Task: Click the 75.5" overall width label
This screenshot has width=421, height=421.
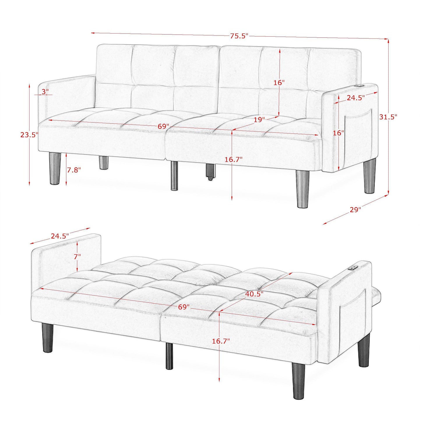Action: tap(239, 36)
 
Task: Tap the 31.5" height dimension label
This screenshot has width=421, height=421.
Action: tap(388, 117)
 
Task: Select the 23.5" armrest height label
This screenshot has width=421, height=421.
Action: tap(29, 135)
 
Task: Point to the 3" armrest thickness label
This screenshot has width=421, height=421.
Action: tap(45, 91)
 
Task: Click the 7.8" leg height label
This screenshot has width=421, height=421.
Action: tap(74, 170)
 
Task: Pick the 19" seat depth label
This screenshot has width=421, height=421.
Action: tap(259, 119)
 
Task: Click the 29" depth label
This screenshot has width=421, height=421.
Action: tap(355, 210)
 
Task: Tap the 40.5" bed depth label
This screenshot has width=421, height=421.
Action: tap(254, 294)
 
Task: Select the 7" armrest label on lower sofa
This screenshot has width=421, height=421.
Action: tap(77, 256)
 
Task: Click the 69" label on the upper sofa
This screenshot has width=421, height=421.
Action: tap(163, 126)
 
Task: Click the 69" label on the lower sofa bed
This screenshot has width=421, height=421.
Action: tap(184, 307)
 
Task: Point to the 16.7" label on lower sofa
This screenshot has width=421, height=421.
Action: tap(221, 341)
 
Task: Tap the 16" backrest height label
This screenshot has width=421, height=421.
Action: tap(279, 82)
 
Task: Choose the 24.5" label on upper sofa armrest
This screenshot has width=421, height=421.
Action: tap(355, 98)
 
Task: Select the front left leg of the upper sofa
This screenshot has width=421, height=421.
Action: tap(55, 169)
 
